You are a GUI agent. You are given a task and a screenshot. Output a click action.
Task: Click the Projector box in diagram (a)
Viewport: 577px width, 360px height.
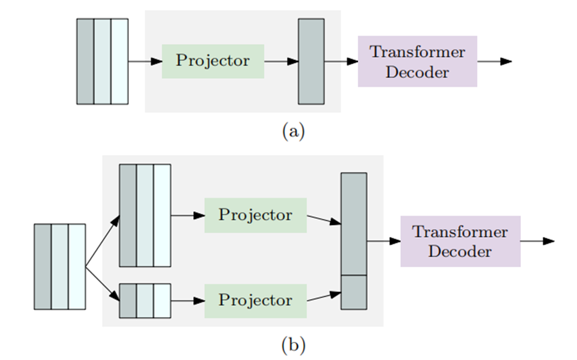(213, 61)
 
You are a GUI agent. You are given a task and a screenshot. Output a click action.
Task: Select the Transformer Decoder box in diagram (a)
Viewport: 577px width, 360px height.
(417, 61)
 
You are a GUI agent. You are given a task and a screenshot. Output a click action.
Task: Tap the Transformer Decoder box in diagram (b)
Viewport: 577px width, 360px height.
(460, 241)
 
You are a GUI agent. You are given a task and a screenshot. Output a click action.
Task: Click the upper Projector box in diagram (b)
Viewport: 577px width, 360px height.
(255, 215)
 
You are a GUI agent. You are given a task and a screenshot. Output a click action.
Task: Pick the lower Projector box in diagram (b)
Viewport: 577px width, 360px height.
(255, 301)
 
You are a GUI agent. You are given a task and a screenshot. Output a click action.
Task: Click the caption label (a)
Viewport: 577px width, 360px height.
(293, 132)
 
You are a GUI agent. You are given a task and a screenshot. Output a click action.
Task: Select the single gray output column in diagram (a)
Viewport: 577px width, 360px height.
(311, 61)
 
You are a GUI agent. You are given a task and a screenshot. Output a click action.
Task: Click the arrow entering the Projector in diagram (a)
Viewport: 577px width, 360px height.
(145, 61)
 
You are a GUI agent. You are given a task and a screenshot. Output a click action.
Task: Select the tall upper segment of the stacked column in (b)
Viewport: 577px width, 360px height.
(354, 224)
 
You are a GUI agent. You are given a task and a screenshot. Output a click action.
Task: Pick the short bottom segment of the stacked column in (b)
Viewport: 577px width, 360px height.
(354, 292)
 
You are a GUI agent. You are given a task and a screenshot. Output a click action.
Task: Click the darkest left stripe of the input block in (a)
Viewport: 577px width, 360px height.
(85, 61)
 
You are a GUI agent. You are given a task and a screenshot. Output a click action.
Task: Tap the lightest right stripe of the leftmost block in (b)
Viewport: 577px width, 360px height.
(77, 266)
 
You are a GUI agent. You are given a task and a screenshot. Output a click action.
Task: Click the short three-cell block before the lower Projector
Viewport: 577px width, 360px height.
(145, 301)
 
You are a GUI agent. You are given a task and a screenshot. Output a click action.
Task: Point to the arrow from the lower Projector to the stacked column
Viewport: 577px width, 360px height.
(323, 297)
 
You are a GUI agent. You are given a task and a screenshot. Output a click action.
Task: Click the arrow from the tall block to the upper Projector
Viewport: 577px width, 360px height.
(188, 215)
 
